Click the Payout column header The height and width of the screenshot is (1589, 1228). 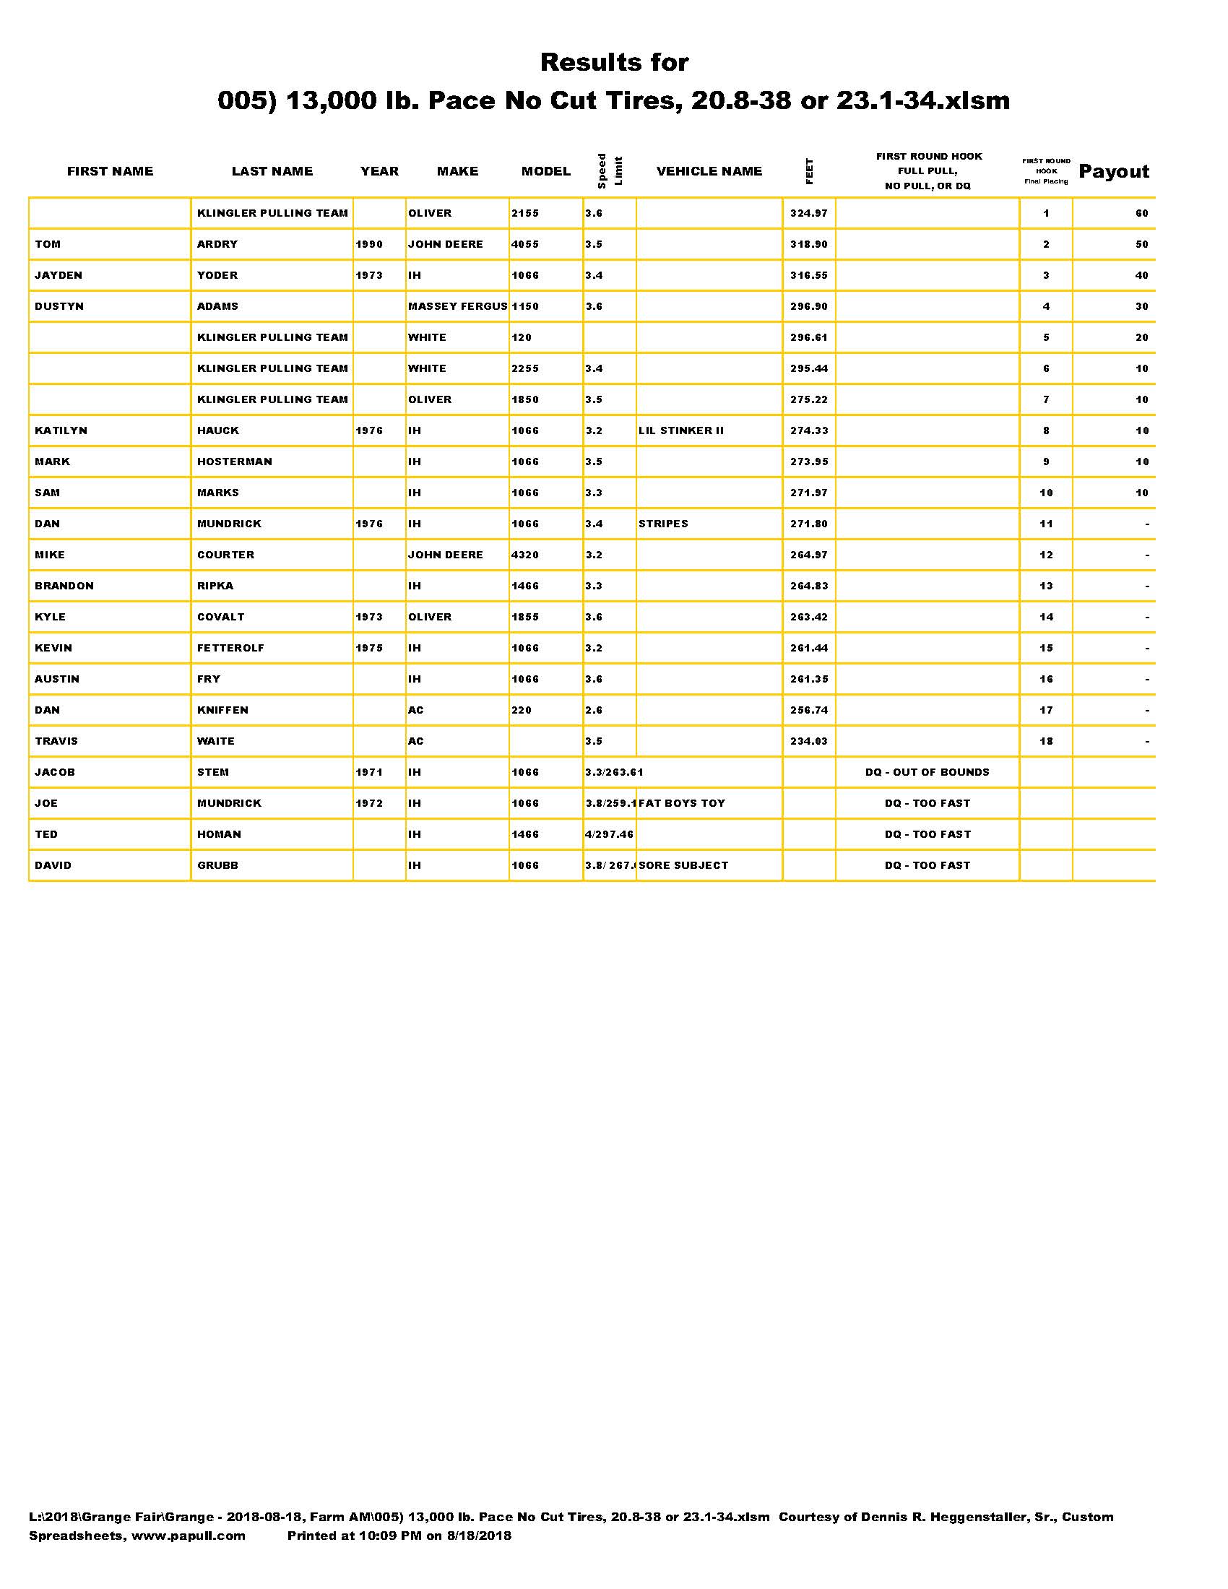(x=1113, y=172)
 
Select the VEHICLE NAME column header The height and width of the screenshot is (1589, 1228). (x=709, y=172)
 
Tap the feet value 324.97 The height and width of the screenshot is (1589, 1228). (x=809, y=213)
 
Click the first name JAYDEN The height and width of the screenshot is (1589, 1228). (x=59, y=276)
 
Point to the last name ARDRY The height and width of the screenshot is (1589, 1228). (x=217, y=244)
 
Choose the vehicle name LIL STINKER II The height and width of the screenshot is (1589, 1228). (x=681, y=430)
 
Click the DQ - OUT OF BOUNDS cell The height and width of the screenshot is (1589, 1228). (x=927, y=773)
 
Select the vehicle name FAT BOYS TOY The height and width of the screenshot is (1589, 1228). (x=682, y=803)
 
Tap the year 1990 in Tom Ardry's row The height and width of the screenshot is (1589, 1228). (x=369, y=244)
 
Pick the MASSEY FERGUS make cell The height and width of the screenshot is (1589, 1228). (x=457, y=306)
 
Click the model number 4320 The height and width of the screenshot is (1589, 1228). (x=524, y=555)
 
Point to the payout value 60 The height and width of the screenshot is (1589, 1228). (x=1141, y=213)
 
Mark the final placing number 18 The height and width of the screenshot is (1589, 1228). (x=1045, y=741)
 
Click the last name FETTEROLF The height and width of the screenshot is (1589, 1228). (x=230, y=649)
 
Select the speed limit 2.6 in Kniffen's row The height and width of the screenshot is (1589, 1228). (x=594, y=710)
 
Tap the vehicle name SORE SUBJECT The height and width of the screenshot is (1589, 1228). (x=683, y=866)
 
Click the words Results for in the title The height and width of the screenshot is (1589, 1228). (x=614, y=63)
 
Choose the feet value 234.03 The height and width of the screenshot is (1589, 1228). (x=809, y=741)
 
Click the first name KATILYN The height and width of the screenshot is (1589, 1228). (x=61, y=430)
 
